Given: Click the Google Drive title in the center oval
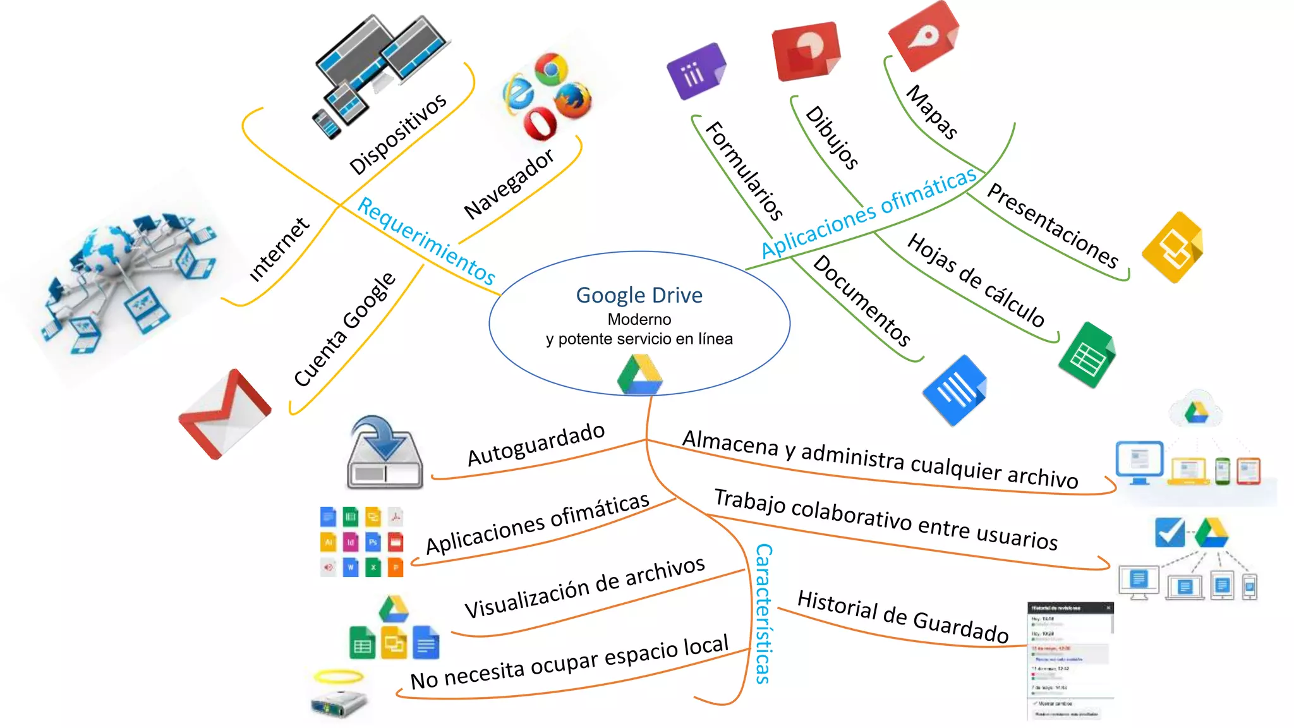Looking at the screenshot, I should [639, 295].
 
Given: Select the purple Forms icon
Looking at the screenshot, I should [696, 71].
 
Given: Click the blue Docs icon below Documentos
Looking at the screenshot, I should [955, 390].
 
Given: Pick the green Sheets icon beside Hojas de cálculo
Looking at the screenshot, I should [1087, 355].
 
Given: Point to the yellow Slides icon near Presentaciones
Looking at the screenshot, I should [1173, 248].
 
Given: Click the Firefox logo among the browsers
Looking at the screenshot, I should [573, 100].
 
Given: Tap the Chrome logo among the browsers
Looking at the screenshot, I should [551, 68].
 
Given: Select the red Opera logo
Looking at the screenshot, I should [540, 123].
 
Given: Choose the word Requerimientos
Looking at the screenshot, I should [426, 240].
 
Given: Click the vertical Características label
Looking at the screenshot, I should [763, 613].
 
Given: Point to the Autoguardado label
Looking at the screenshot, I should [536, 444].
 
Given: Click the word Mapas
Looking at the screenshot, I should [932, 112].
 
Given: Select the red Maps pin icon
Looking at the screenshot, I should [924, 35].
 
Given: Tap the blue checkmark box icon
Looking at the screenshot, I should [1170, 532].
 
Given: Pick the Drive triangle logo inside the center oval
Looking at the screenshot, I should [639, 375].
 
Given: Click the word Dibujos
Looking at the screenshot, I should [832, 137].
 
